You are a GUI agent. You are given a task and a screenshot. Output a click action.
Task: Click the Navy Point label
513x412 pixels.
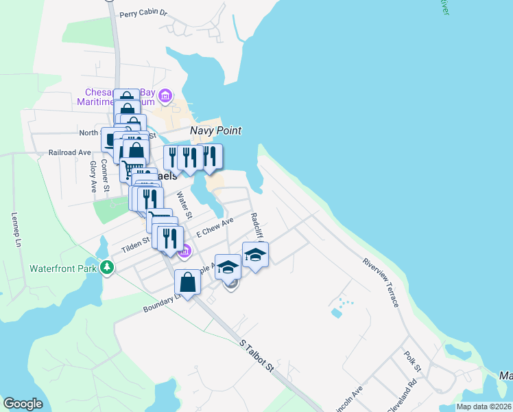[215, 130]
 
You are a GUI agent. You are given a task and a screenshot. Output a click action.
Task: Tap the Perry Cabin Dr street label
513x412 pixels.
[143, 13]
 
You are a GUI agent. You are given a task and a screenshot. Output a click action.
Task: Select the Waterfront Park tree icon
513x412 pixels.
[106, 267]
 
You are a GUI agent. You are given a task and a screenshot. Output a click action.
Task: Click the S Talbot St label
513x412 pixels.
[257, 356]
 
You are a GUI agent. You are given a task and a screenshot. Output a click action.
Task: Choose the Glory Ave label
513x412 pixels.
[92, 176]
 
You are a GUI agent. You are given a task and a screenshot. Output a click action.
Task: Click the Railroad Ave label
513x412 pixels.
[69, 152]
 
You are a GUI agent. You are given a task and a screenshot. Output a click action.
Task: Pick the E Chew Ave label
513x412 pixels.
[215, 227]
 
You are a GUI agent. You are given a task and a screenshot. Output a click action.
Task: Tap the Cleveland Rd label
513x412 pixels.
[402, 397]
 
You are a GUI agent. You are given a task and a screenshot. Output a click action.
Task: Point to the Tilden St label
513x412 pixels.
[136, 243]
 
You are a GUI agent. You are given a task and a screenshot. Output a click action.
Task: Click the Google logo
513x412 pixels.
[23, 404]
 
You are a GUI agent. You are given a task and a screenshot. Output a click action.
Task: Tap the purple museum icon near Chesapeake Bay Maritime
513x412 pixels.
[165, 94]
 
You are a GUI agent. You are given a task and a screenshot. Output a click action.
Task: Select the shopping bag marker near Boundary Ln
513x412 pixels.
[187, 282]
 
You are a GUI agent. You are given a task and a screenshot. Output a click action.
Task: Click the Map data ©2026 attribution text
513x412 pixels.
[483, 407]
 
